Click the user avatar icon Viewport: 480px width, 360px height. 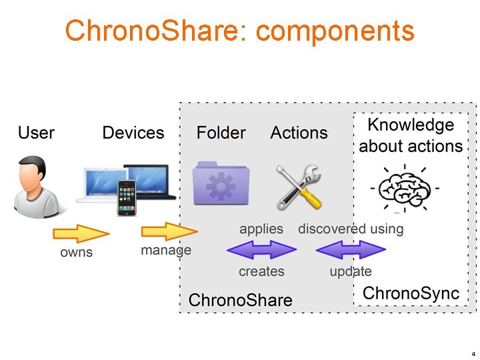pos(36,187)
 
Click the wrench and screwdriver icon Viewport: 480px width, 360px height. pos(299,186)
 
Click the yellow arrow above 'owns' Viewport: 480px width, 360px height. pos(81,233)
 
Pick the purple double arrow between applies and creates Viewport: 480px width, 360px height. pos(261,250)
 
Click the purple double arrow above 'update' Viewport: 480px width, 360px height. pos(351,250)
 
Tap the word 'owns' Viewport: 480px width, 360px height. pos(77,253)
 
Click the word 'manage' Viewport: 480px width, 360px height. pos(165,251)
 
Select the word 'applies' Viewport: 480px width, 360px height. pos(261,229)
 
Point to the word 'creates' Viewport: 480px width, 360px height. pos(261,271)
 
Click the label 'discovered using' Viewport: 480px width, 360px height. pos(351,229)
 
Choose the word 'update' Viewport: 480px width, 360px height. pos(351,271)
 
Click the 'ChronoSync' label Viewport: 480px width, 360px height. pos(411,293)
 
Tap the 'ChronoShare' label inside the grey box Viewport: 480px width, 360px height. pos(240,300)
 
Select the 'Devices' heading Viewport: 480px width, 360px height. pos(133,133)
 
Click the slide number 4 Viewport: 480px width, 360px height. pos(473,353)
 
